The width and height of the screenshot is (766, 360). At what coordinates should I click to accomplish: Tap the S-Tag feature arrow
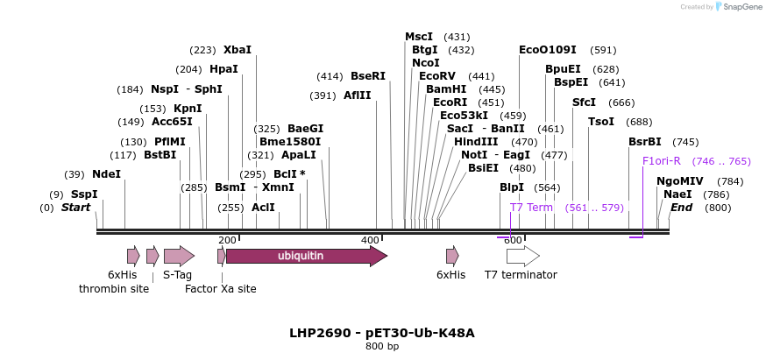tap(179, 256)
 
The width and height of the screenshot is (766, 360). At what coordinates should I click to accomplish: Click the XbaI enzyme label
tap(237, 50)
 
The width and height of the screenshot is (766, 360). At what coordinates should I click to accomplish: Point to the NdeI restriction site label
tap(106, 174)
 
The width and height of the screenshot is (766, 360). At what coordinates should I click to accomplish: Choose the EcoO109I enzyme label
tap(548, 50)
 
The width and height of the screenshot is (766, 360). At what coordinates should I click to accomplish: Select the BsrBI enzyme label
tap(644, 142)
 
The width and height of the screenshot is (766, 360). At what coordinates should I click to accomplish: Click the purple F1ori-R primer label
tap(661, 161)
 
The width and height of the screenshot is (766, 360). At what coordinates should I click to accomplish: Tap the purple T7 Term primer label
tap(531, 208)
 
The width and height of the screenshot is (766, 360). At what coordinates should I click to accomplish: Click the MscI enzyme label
tap(419, 37)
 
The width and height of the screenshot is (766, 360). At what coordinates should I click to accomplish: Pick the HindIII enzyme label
tap(476, 142)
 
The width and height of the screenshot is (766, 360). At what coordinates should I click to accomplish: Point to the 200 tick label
tap(227, 240)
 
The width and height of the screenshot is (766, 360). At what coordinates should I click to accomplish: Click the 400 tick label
tap(370, 240)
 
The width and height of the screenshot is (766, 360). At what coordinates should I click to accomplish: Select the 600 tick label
tap(513, 240)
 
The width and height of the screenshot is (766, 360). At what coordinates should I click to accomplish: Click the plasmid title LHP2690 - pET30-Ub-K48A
tap(382, 333)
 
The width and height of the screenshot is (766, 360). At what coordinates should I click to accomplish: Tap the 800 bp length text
tap(382, 347)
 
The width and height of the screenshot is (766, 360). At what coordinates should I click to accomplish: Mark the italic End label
tap(682, 208)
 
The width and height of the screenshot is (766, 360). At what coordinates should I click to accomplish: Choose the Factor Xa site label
tap(220, 288)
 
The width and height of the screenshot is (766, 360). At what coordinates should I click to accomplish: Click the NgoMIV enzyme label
tap(680, 181)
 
